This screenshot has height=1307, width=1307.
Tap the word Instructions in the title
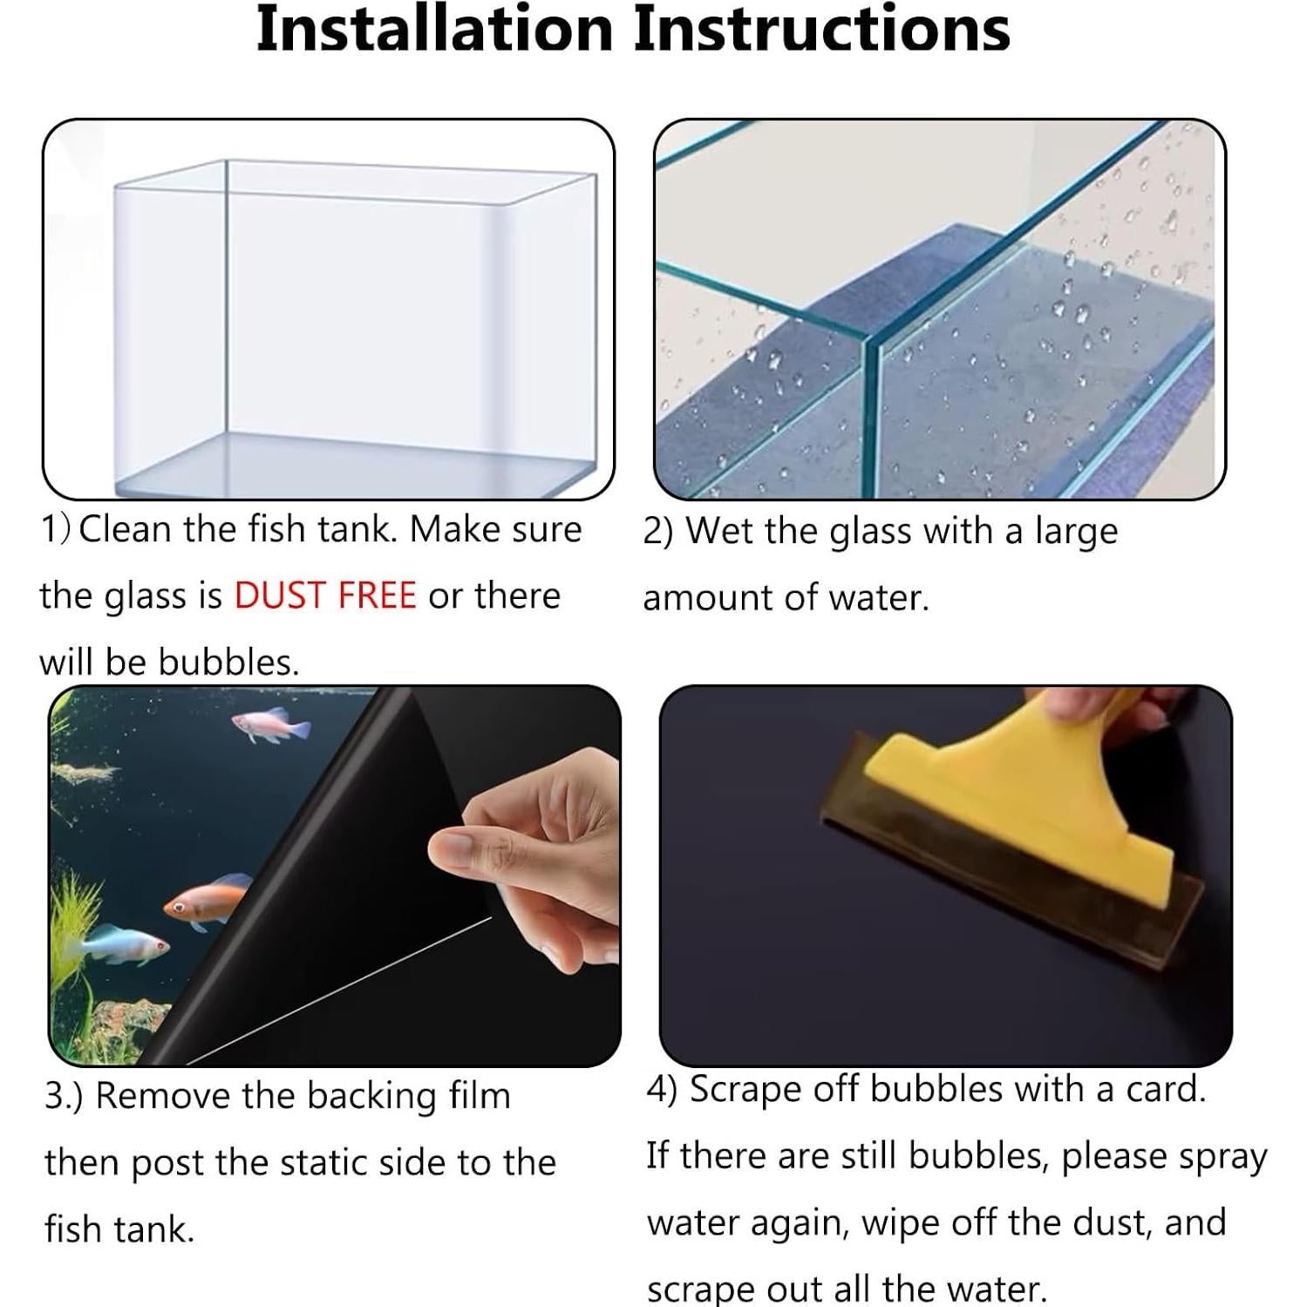click(821, 29)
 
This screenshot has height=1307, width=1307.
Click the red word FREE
click(377, 596)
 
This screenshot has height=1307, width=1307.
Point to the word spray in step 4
click(1223, 1158)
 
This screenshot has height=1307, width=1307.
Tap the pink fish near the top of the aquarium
click(261, 725)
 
